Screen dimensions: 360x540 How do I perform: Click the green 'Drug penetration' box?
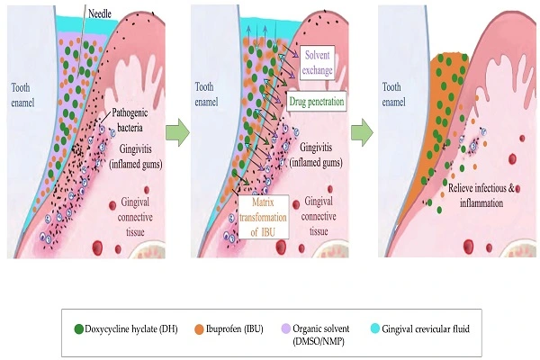click(317, 101)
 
